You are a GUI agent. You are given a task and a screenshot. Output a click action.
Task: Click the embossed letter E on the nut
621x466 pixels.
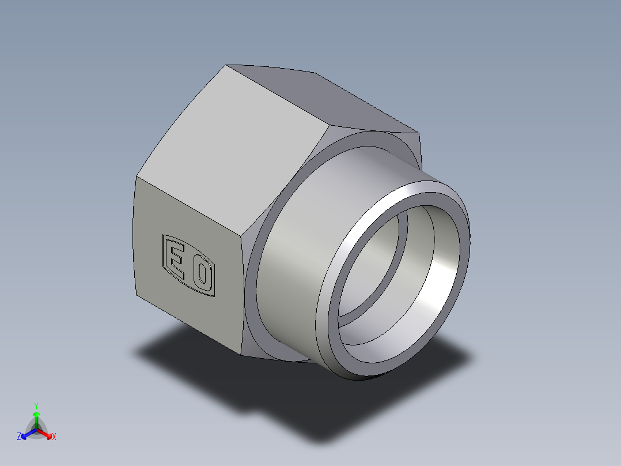click(176, 260)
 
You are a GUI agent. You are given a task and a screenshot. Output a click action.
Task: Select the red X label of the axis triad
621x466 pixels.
click(54, 437)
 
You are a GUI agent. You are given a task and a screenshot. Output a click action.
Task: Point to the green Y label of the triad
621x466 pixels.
click(36, 405)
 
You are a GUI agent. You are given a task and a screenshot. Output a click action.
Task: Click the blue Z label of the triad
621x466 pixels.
click(19, 437)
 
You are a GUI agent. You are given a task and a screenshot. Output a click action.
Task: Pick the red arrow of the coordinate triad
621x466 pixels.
click(46, 433)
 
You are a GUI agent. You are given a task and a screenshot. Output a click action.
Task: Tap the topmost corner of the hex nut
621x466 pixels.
click(226, 65)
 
